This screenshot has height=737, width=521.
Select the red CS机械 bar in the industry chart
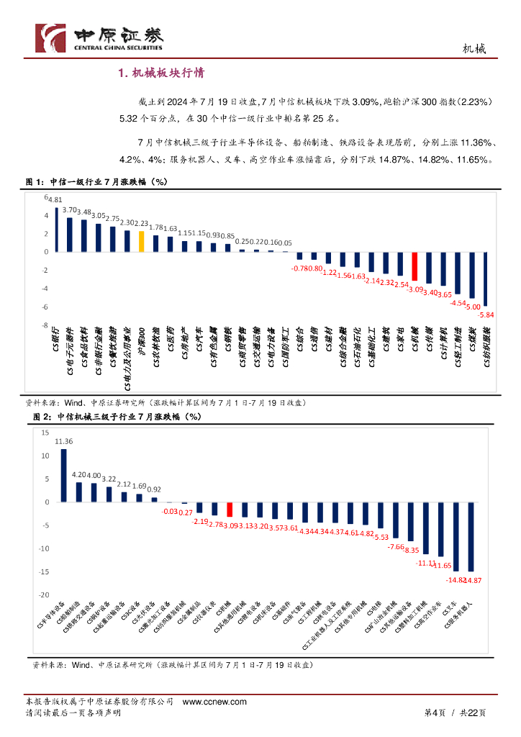414,266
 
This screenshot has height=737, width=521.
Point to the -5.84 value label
487,315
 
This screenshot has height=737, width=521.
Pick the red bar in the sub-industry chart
230,510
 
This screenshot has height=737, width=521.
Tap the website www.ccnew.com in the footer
214,702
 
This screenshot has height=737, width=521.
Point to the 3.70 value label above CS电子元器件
70,210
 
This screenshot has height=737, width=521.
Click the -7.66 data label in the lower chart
397,547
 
